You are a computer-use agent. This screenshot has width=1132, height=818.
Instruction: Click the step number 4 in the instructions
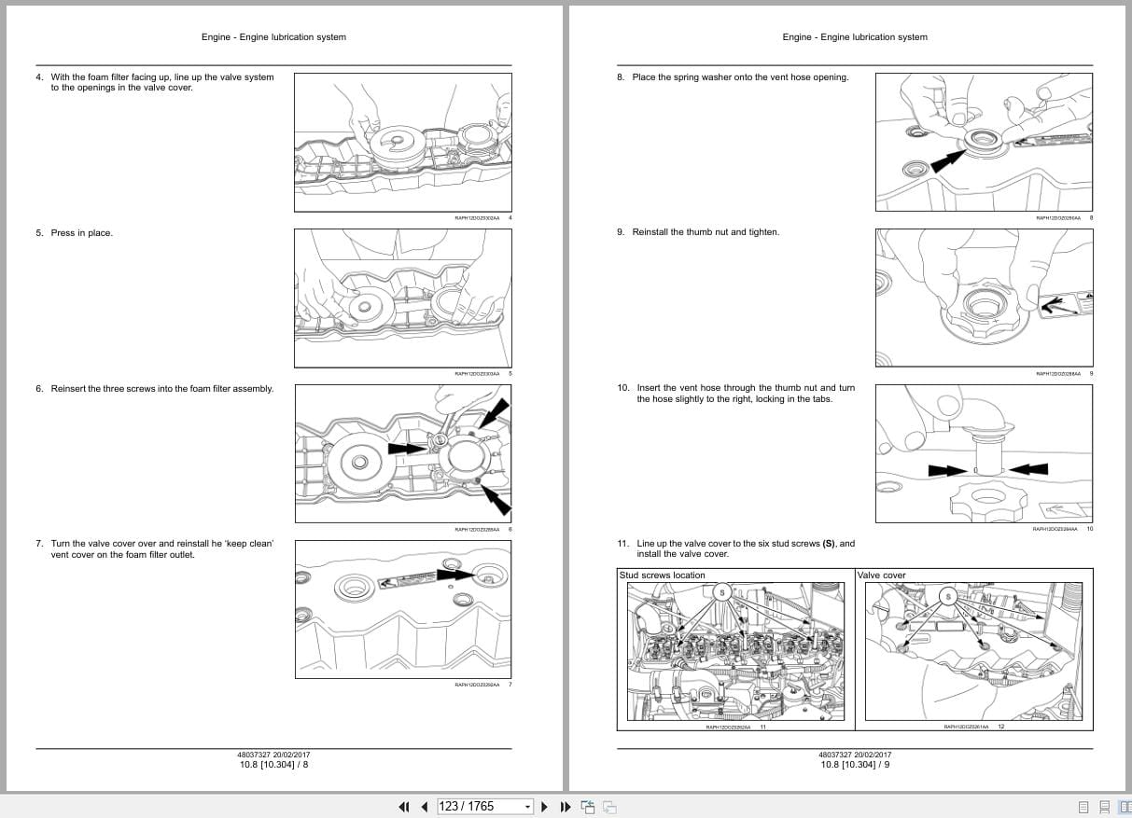[39, 77]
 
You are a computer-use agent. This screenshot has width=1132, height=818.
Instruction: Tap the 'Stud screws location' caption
[663, 575]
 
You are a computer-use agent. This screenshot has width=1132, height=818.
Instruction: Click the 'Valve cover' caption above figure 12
[882, 575]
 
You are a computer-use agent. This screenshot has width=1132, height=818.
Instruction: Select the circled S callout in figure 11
[721, 592]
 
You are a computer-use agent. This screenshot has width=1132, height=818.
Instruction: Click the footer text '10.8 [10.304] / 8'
[273, 765]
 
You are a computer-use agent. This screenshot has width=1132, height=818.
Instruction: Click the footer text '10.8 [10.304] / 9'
[855, 765]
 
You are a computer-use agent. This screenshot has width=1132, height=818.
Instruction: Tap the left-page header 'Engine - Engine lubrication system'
[273, 37]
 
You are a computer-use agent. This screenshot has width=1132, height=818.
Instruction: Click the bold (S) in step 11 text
[828, 544]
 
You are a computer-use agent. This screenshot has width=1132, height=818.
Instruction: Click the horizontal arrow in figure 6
[411, 449]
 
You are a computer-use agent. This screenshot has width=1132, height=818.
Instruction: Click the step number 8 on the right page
[621, 77]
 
